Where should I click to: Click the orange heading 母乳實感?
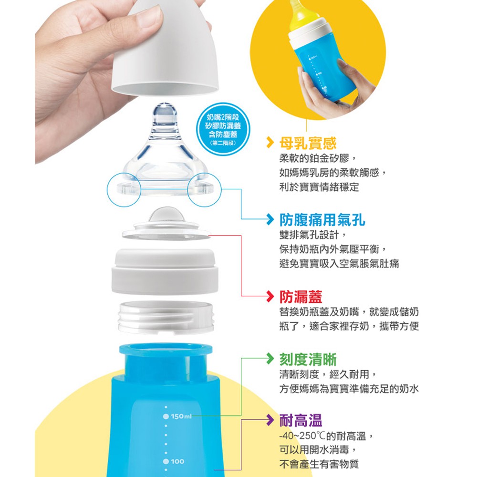pyautogui.click(x=308, y=143)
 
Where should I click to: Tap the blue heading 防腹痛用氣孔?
pyautogui.click(x=322, y=219)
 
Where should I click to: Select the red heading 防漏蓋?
pyautogui.click(x=301, y=297)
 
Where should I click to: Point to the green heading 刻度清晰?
pyautogui.click(x=308, y=359)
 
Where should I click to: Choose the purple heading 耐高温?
pyautogui.click(x=301, y=421)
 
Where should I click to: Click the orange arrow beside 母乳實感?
pyautogui.click(x=270, y=142)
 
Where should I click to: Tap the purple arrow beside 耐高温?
pyautogui.click(x=270, y=420)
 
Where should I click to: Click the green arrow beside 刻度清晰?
pyautogui.click(x=270, y=358)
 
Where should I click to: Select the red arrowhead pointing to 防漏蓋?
pyautogui.click(x=270, y=296)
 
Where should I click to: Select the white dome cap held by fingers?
pyautogui.click(x=166, y=49)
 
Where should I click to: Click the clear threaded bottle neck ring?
pyautogui.click(x=166, y=317)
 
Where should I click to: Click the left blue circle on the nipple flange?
pyautogui.click(x=124, y=189)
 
